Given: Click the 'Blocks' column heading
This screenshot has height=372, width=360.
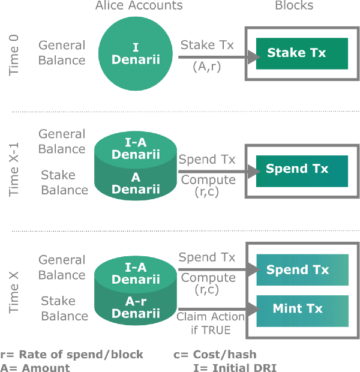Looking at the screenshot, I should (294, 6).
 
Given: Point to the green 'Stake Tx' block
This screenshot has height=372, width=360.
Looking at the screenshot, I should (302, 53).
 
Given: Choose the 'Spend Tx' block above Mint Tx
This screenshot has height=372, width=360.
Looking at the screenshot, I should (302, 271).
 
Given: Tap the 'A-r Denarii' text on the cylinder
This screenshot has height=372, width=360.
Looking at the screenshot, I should (135, 307).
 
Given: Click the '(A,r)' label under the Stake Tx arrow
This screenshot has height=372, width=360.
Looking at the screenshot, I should (207, 67).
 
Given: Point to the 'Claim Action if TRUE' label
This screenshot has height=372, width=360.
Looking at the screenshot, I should (210, 322).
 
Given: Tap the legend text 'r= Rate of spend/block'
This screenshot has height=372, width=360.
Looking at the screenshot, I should (72, 355).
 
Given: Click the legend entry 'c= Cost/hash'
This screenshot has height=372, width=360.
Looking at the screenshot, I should (209, 355).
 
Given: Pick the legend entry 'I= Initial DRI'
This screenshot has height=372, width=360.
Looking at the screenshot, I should (235, 367).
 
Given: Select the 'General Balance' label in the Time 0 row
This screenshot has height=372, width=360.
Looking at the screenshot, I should (62, 52).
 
